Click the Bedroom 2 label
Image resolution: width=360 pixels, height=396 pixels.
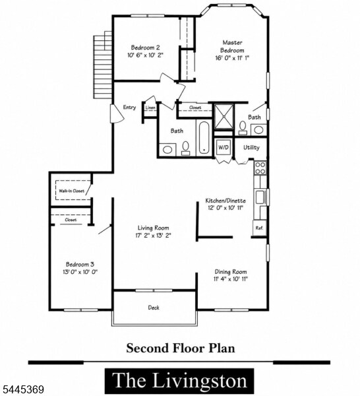coord(145,48)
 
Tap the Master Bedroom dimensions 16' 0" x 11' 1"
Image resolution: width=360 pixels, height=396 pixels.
coord(232,58)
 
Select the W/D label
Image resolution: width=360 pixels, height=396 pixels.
coord(223,147)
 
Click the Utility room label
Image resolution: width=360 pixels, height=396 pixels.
coord(251,147)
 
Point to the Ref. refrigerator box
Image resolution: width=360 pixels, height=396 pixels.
coord(260,228)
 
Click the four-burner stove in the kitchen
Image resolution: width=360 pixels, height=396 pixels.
coord(260,168)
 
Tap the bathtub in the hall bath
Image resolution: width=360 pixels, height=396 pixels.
coord(204,138)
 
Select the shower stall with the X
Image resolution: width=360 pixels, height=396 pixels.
coord(224,116)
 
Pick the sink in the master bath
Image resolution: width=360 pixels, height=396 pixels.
coord(258,130)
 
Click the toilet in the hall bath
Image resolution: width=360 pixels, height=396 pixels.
coord(186,148)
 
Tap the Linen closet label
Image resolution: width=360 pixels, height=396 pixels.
coord(150,108)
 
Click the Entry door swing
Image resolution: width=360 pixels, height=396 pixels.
coord(117,114)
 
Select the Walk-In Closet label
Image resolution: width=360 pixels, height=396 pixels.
coord(72,191)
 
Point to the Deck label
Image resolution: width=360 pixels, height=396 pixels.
coord(154,308)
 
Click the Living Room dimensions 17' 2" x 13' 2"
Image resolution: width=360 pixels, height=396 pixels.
coord(154,236)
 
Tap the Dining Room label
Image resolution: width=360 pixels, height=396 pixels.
coord(231,272)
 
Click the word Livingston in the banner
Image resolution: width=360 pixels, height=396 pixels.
coord(200,381)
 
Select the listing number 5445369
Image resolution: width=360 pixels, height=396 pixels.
coord(22,389)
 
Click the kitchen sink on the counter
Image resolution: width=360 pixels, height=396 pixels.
coord(260,197)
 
